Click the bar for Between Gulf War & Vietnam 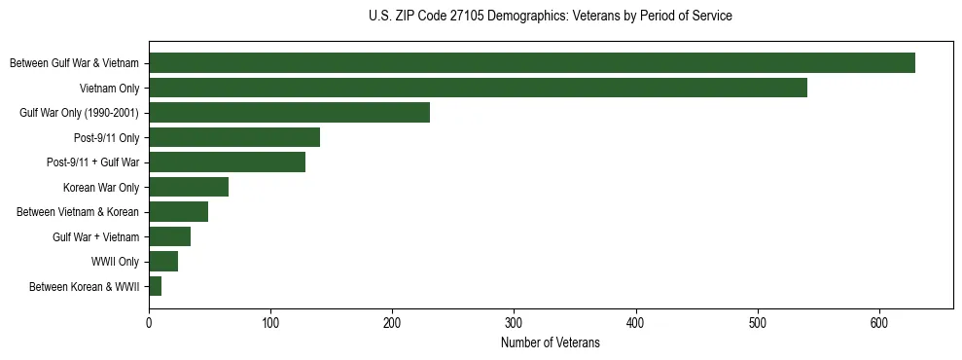pos(532,63)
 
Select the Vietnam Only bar pos(478,89)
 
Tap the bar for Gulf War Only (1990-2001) pos(289,113)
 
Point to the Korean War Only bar pos(189,187)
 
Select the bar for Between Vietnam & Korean pos(178,212)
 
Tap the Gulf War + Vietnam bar pos(169,236)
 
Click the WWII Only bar pos(163,261)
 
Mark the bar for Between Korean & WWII pos(155,286)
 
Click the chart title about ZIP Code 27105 pos(551,17)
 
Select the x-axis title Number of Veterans pos(551,343)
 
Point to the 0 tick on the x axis pos(149,324)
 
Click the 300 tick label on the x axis pos(515,324)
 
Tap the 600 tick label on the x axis pos(879,324)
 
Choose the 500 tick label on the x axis pos(758,324)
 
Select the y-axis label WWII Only pos(116,262)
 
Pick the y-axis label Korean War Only pos(101,188)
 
